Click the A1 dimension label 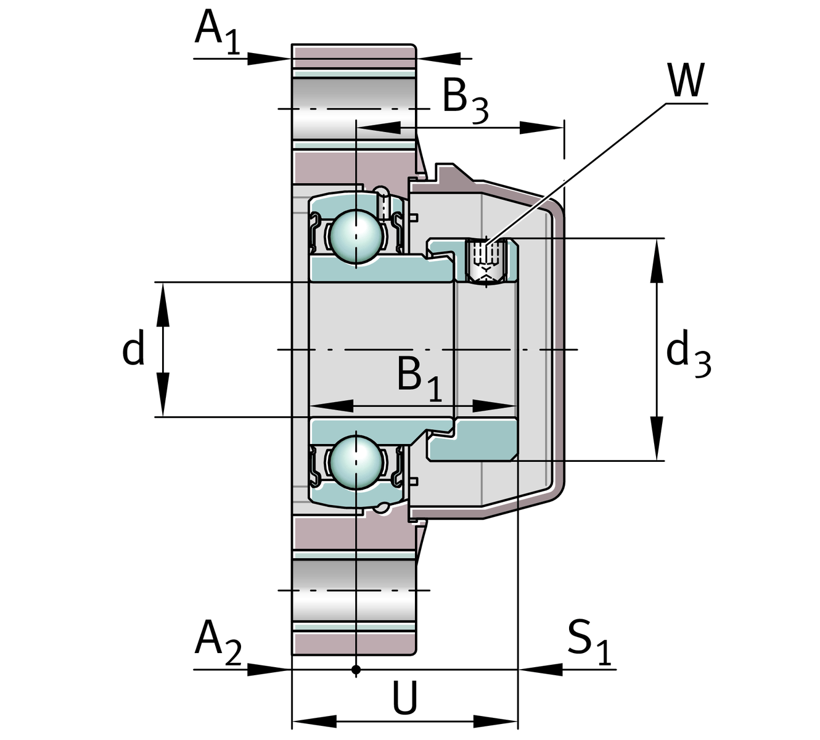(x=216, y=31)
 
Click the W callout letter (x=685, y=80)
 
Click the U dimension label (x=405, y=698)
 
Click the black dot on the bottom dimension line (x=356, y=669)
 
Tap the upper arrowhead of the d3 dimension (x=657, y=259)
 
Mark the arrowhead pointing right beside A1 (x=269, y=59)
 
